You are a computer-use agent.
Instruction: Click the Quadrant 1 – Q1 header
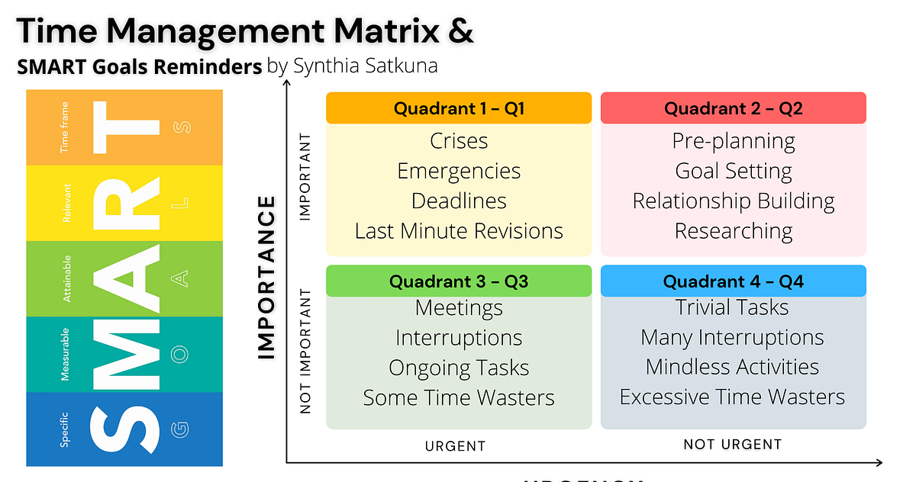(x=459, y=108)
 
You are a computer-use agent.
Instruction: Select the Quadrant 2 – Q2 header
(x=734, y=108)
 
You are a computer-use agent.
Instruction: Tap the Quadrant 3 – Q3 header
(x=459, y=281)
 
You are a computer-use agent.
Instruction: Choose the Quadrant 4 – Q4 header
(x=734, y=281)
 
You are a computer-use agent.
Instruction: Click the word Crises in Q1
(x=459, y=141)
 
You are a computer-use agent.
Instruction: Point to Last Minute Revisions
(x=459, y=231)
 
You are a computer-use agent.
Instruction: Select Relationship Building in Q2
(x=734, y=201)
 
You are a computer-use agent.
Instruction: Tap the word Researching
(x=734, y=231)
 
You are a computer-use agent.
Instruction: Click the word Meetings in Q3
(x=459, y=308)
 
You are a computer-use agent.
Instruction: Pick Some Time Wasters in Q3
(x=459, y=398)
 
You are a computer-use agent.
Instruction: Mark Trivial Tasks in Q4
(x=732, y=307)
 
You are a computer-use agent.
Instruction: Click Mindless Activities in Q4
(x=732, y=368)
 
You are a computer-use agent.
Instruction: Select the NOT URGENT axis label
(x=732, y=444)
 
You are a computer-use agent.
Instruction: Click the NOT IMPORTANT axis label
(x=306, y=351)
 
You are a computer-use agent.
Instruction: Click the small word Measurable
(x=65, y=354)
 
